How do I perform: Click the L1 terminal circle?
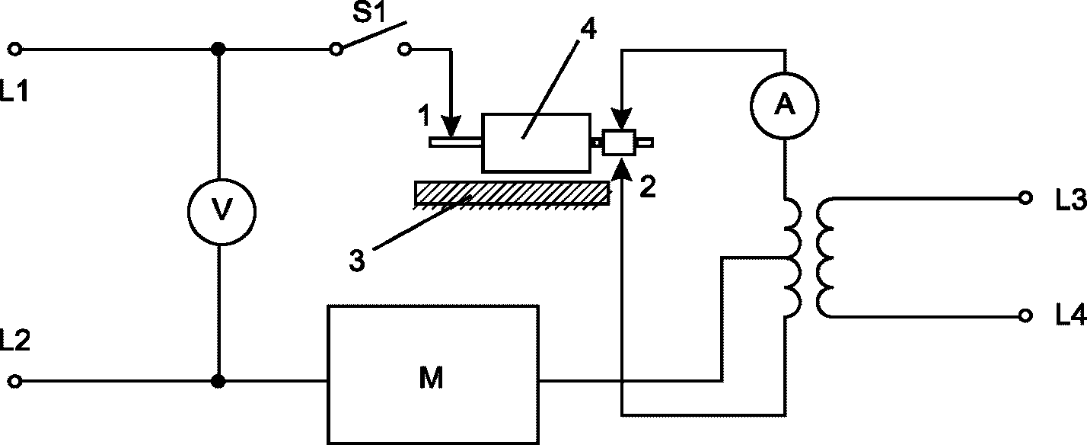coord(15,49)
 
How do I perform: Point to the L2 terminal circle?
coord(15,382)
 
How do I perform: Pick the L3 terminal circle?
coord(1025,198)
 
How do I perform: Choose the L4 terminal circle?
coord(1025,316)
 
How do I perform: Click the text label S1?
coord(368,13)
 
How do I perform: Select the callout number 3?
coord(357,261)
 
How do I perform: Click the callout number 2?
coord(648,187)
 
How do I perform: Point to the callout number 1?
coord(425,116)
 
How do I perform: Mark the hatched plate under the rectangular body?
coord(512,193)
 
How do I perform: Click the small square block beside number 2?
coord(619,142)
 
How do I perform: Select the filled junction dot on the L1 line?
coord(219,49)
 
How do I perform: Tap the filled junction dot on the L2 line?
coord(219,382)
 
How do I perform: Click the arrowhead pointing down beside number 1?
coord(451,126)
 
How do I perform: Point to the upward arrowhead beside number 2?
coord(622,171)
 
